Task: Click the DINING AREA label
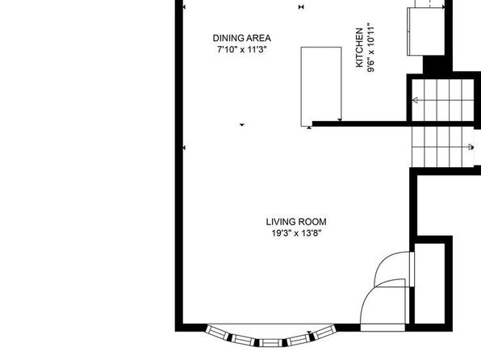tap(242, 38)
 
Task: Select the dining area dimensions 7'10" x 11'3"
tap(242, 49)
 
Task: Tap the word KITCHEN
tap(359, 48)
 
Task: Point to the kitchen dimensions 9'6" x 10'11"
tap(370, 48)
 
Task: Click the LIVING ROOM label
tap(296, 222)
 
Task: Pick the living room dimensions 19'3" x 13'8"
tap(296, 233)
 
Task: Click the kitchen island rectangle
tap(321, 86)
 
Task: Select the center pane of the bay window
tap(271, 343)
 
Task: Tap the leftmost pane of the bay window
tap(217, 333)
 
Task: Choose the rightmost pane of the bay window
tap(325, 333)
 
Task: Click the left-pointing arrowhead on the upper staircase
tap(415, 100)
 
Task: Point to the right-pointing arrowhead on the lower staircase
tap(471, 148)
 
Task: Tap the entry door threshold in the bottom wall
tap(383, 328)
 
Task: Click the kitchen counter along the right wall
tap(426, 31)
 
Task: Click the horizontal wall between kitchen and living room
tap(362, 124)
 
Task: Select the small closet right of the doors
tap(430, 283)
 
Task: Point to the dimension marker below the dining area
tap(242, 124)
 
